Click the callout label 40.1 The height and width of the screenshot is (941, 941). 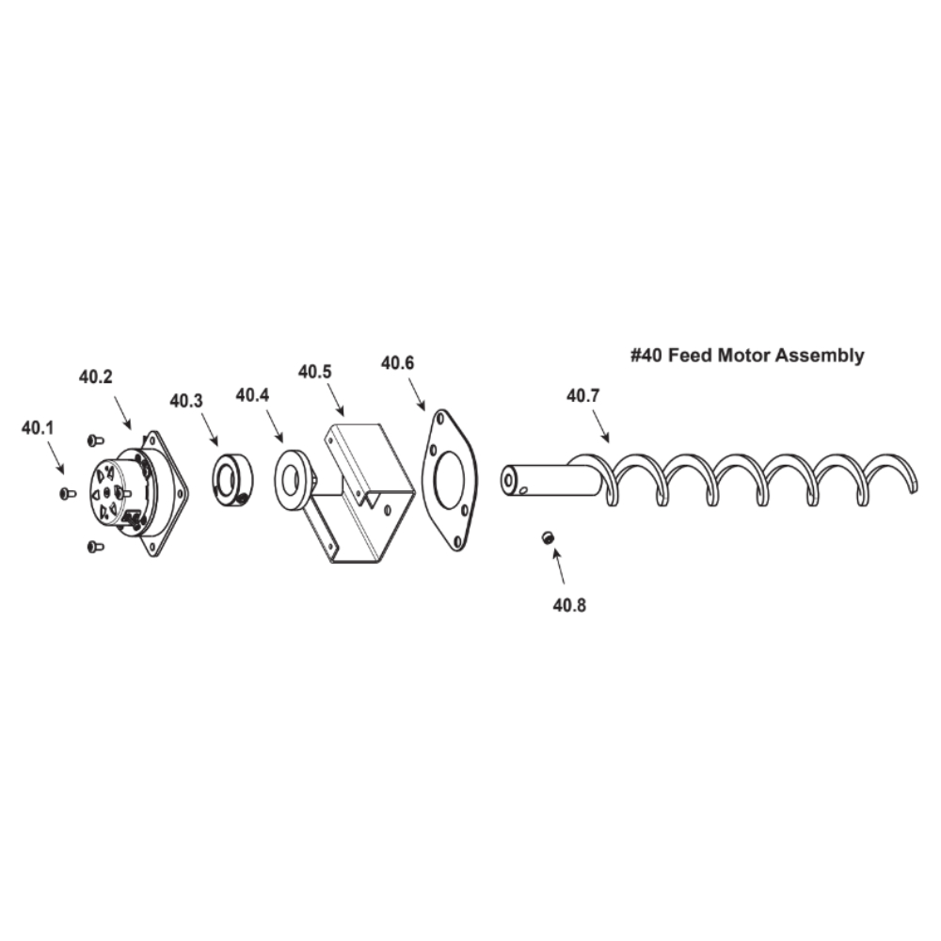pos(38,428)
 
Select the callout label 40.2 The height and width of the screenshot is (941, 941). pos(95,376)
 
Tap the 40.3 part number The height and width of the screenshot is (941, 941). pos(186,400)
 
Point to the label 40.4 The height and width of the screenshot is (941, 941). pos(252,395)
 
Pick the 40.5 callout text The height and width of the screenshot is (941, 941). pos(314,372)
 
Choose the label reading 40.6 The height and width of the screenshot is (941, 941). pos(397,362)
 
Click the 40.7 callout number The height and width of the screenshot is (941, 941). pos(582,395)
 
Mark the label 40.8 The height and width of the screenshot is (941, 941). pos(569,605)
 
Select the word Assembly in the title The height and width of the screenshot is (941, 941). pos(820,356)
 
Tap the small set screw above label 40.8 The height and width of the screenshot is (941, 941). pos(547,537)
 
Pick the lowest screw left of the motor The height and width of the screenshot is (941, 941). pos(95,547)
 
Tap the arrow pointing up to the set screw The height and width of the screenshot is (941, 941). pos(558,565)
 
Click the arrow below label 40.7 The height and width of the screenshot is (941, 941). pos(600,426)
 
